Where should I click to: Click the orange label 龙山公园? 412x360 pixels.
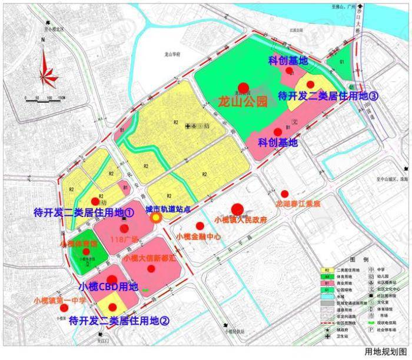242,101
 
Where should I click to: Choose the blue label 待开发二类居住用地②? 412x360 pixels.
119,321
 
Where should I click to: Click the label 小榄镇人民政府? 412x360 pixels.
241,220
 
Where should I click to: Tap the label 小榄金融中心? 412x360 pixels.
198,236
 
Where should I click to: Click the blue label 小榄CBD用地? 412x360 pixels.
108,287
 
